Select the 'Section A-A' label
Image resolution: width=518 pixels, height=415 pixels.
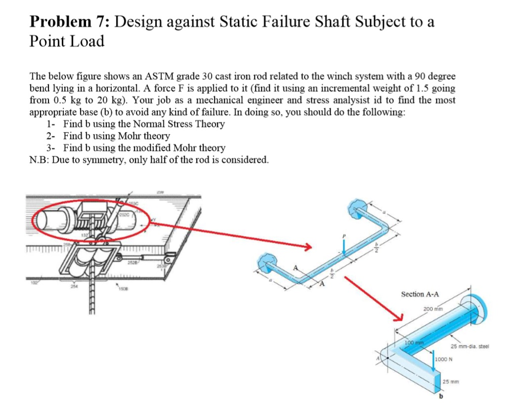(x=419, y=294)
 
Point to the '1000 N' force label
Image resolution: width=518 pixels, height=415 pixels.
(x=444, y=359)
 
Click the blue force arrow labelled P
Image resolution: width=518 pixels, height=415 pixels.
(x=343, y=247)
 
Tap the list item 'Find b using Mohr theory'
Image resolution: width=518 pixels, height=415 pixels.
(x=116, y=136)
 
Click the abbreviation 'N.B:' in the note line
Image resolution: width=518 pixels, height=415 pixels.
(x=39, y=160)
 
